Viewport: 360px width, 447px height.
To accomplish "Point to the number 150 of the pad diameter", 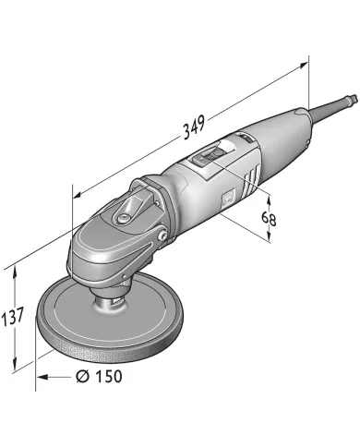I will (x=107, y=376).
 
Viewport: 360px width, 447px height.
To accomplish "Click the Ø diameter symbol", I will (x=81, y=376).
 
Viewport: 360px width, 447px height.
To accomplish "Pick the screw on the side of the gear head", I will (x=163, y=240).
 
